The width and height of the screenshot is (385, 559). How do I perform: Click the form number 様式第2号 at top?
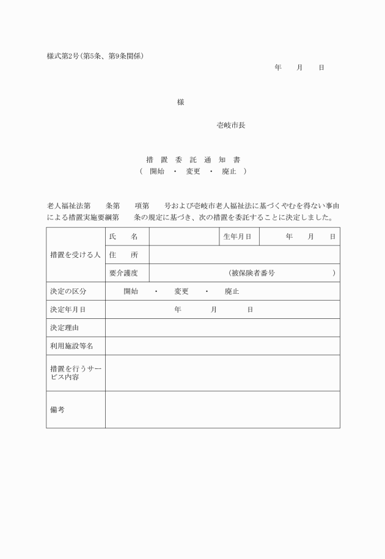[x=65, y=56]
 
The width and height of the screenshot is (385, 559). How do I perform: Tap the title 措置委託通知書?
[x=193, y=159]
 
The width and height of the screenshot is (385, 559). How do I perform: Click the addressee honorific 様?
[x=180, y=102]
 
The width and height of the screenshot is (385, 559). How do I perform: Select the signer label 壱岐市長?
[x=231, y=125]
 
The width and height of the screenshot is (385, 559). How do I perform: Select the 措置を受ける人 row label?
[x=75, y=255]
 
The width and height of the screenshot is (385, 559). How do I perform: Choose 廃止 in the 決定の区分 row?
[x=232, y=291]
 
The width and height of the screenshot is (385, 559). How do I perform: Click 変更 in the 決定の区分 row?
[x=182, y=291]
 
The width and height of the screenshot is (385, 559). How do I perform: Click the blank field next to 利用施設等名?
[x=222, y=346]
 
